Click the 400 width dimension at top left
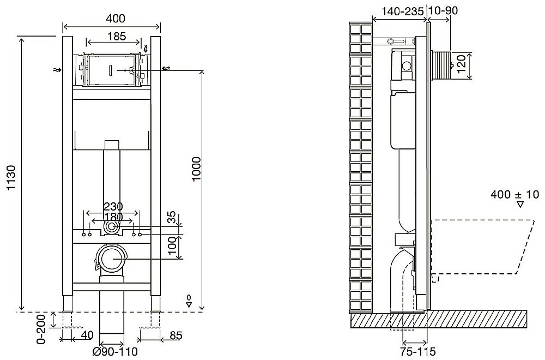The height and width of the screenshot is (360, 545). point(116,18)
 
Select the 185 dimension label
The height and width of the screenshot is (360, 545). point(116,36)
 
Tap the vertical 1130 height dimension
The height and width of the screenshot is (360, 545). point(12,177)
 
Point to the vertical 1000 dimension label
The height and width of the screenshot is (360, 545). point(196,169)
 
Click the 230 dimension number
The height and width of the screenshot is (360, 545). point(113,207)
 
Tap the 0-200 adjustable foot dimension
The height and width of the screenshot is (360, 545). point(41,329)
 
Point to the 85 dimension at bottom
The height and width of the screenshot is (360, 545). point(175,335)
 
